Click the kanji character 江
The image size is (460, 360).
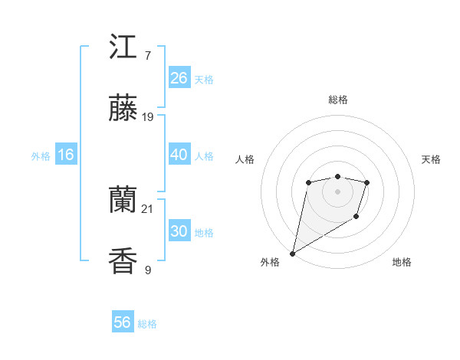point(123,47)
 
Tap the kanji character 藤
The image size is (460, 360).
point(123,110)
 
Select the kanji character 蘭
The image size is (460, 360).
point(123,201)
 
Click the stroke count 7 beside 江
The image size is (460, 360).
point(147,55)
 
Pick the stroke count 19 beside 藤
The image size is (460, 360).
point(148,117)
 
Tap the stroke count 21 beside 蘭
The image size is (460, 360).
point(148,208)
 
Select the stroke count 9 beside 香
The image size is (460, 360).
point(147,270)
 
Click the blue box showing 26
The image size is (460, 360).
point(179,78)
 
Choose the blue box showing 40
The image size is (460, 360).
point(179,155)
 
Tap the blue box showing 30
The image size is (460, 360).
point(179,231)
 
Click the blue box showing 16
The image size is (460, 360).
point(65,155)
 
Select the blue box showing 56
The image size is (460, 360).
point(122,322)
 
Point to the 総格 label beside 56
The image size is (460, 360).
point(147,324)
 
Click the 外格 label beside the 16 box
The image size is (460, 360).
point(41,156)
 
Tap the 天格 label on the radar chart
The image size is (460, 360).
point(431,159)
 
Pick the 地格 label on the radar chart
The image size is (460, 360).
point(402,262)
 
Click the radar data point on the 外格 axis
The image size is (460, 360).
point(292,253)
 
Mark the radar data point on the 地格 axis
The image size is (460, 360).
point(356,218)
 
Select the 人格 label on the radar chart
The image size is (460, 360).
point(245,159)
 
